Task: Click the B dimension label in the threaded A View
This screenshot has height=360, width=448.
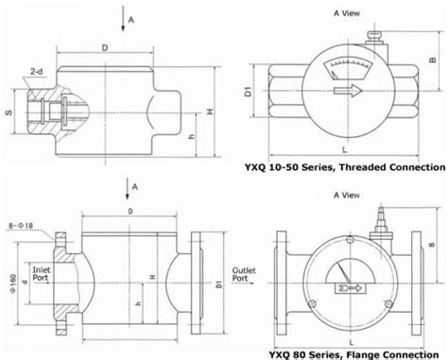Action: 434,61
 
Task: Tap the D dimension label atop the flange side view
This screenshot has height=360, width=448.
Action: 128,211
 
